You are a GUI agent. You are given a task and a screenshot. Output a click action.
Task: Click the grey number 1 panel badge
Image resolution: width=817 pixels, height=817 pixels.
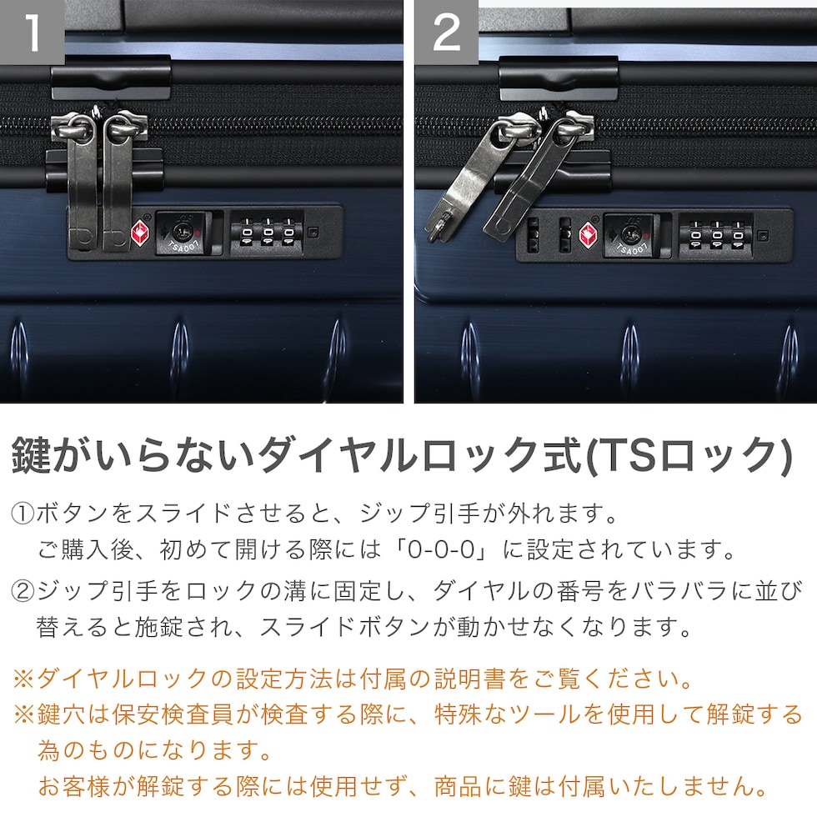point(32,32)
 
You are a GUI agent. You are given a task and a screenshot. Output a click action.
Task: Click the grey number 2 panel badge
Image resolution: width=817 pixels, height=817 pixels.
point(447,32)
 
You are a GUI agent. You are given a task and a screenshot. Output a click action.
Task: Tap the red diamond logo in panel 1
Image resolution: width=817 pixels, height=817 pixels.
point(140,233)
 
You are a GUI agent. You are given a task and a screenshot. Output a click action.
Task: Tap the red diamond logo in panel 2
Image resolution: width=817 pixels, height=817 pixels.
point(588,235)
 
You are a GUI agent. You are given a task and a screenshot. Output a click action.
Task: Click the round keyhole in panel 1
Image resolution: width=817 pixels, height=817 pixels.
point(182,232)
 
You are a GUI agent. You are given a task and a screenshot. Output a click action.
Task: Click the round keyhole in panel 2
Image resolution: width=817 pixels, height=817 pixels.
point(629,235)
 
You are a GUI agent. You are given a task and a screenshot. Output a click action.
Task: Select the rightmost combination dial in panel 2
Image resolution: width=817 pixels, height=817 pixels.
point(738,236)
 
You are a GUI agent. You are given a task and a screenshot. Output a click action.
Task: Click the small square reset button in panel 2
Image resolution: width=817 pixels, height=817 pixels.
point(762,235)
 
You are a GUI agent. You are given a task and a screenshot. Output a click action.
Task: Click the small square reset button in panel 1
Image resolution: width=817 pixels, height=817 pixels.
point(313,232)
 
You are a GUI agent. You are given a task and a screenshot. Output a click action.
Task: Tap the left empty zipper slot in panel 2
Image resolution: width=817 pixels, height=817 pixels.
point(533,235)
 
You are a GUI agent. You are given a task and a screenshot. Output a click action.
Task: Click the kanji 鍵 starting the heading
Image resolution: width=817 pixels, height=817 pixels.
point(32,455)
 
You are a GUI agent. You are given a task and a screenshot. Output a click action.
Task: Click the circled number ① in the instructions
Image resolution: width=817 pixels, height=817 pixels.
point(23,514)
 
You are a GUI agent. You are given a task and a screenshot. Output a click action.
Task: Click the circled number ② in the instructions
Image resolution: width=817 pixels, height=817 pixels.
point(23,591)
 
